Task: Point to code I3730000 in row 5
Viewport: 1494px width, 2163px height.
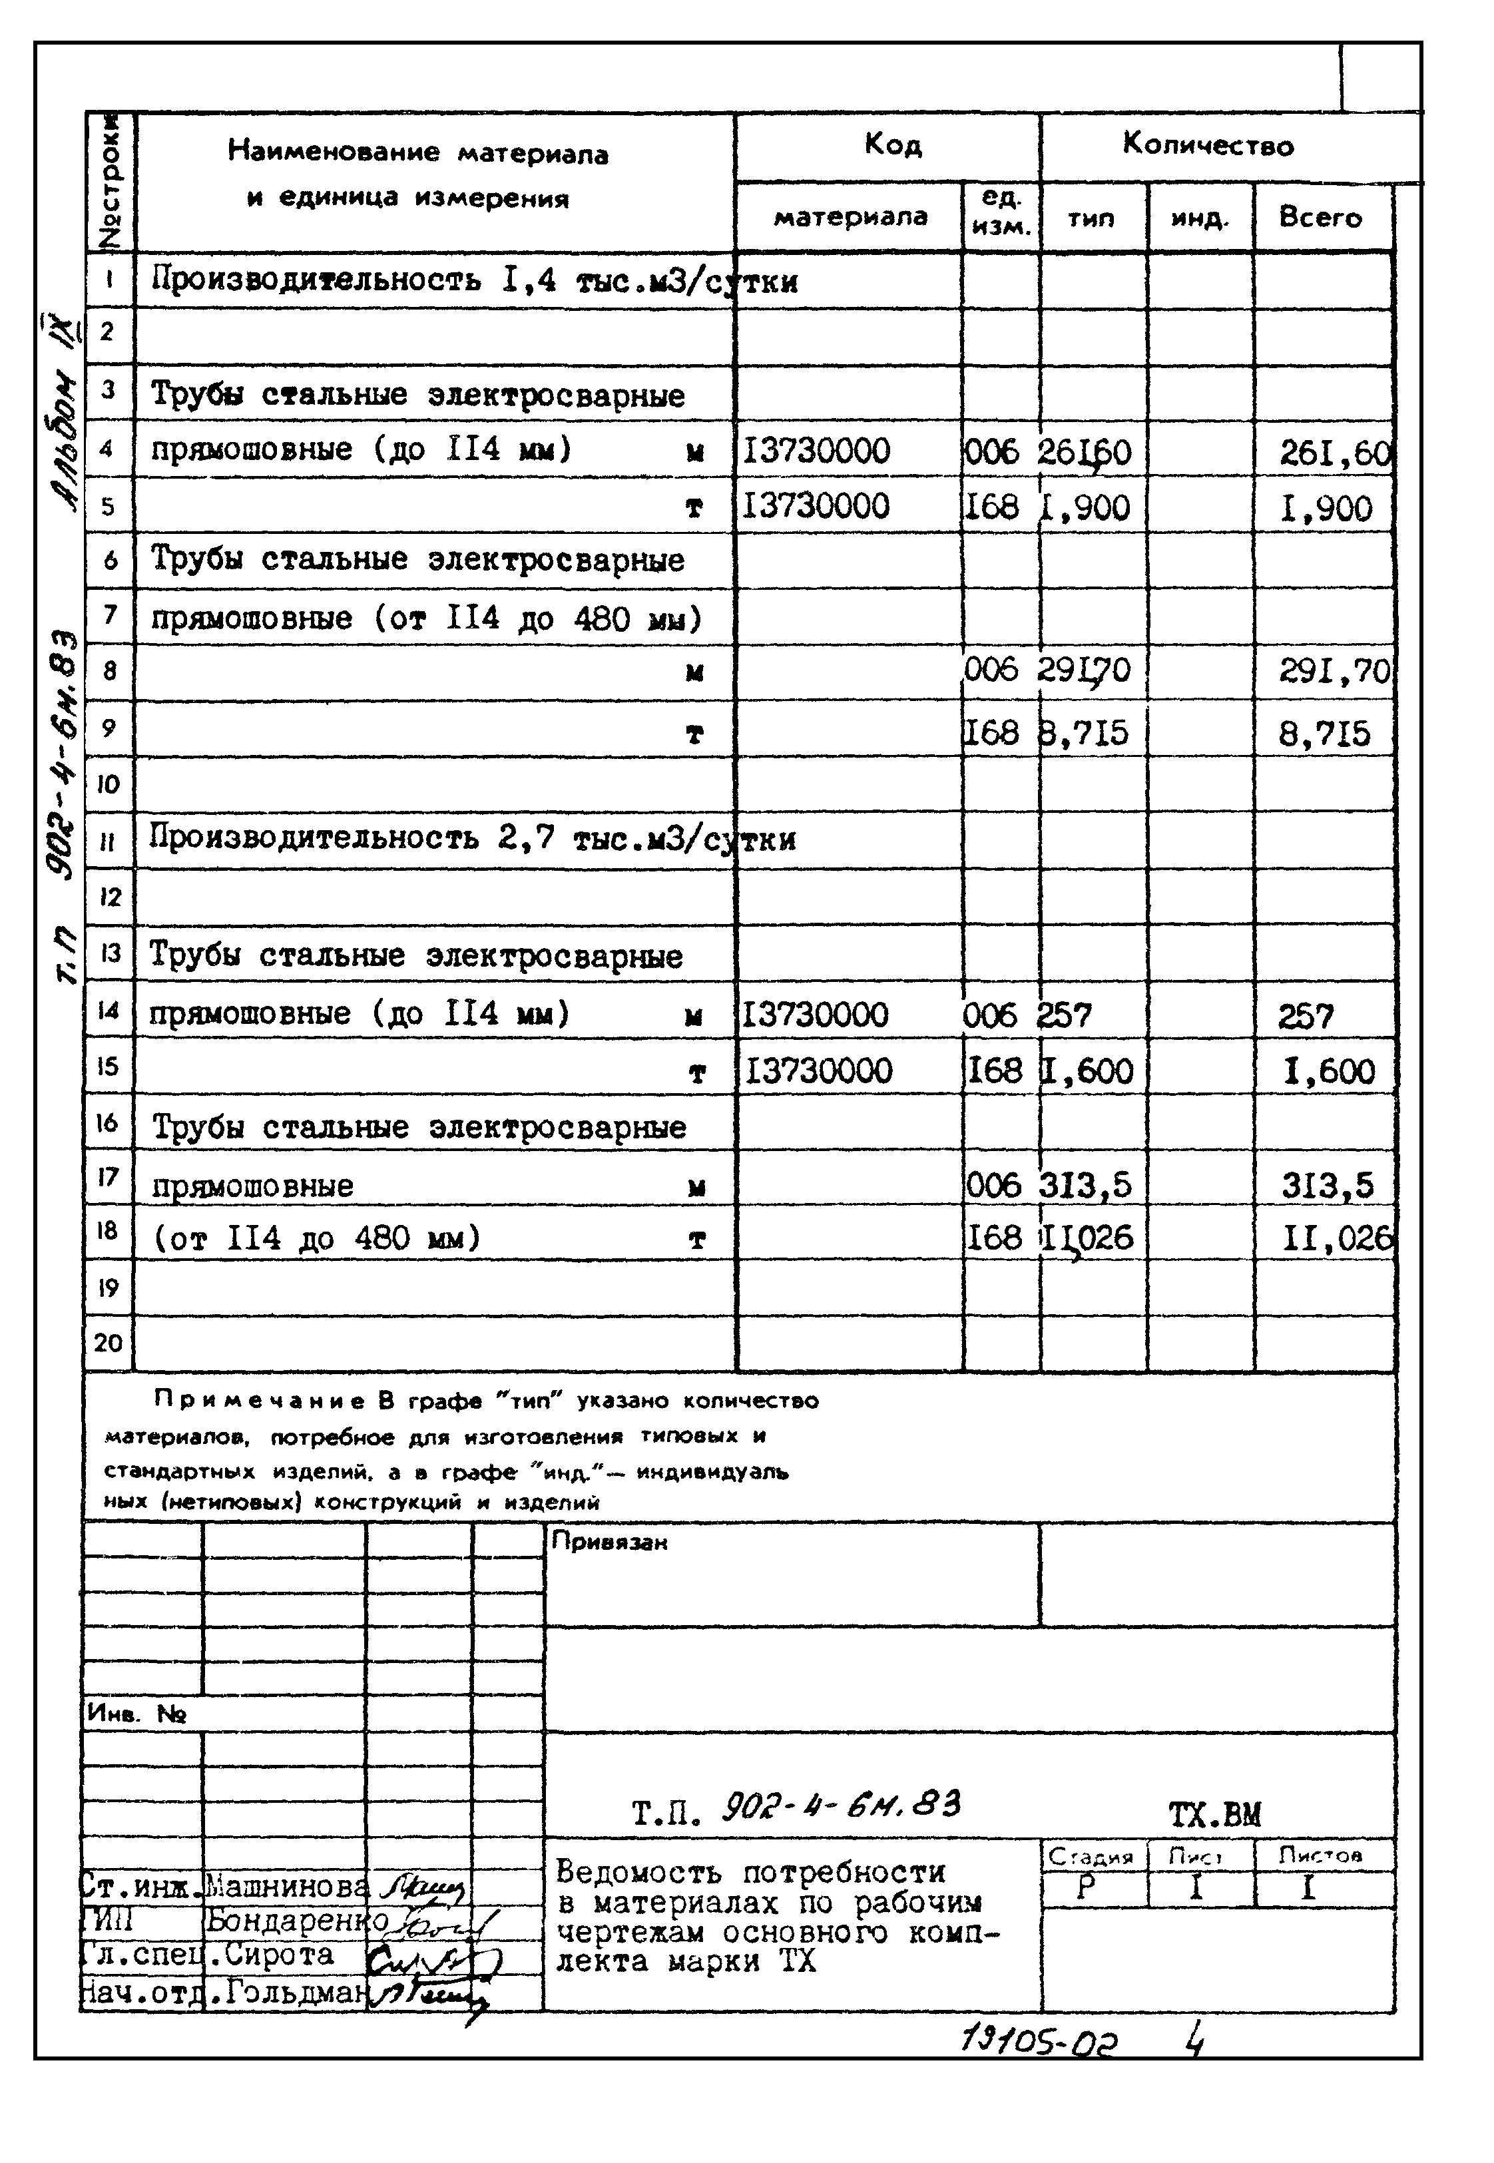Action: click(x=816, y=507)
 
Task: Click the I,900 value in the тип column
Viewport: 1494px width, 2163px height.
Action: click(x=1086, y=507)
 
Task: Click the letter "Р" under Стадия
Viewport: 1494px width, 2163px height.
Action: click(x=1085, y=1888)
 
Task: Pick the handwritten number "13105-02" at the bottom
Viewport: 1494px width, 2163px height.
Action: click(x=1039, y=2041)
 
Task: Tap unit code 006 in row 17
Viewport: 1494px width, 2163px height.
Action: click(x=993, y=1186)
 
